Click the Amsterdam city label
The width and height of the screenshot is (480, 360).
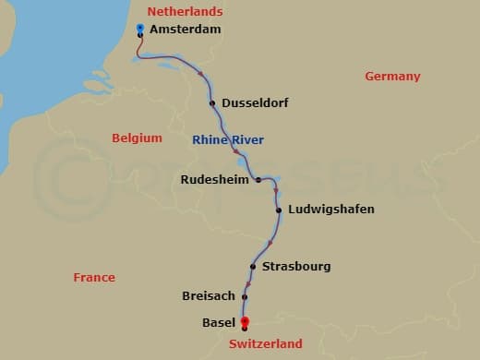(x=185, y=30)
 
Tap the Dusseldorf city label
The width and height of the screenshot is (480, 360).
(x=254, y=103)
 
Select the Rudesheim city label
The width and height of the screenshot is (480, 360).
(x=215, y=179)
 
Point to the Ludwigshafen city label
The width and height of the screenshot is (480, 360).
(x=331, y=210)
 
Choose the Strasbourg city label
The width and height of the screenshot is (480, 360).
(x=296, y=267)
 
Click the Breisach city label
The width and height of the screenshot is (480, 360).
(x=208, y=296)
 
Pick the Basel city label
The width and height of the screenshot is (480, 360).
(x=219, y=322)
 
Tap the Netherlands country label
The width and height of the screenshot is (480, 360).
(x=185, y=12)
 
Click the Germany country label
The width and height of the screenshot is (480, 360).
(x=392, y=77)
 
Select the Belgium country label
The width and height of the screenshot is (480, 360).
(x=137, y=138)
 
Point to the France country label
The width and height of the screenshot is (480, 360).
(x=94, y=277)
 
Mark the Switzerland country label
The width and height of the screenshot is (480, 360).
(x=265, y=343)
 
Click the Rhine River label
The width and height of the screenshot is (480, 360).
(x=228, y=140)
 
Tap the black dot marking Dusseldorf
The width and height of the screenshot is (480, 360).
(x=212, y=103)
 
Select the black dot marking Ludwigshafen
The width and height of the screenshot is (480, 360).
(x=279, y=210)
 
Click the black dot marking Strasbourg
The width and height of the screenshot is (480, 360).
(x=252, y=267)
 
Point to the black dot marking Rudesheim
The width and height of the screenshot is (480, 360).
(x=258, y=179)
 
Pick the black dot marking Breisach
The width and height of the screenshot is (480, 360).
(x=245, y=296)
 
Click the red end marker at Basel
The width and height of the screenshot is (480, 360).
(x=245, y=322)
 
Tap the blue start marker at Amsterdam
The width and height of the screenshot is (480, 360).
(x=139, y=29)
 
